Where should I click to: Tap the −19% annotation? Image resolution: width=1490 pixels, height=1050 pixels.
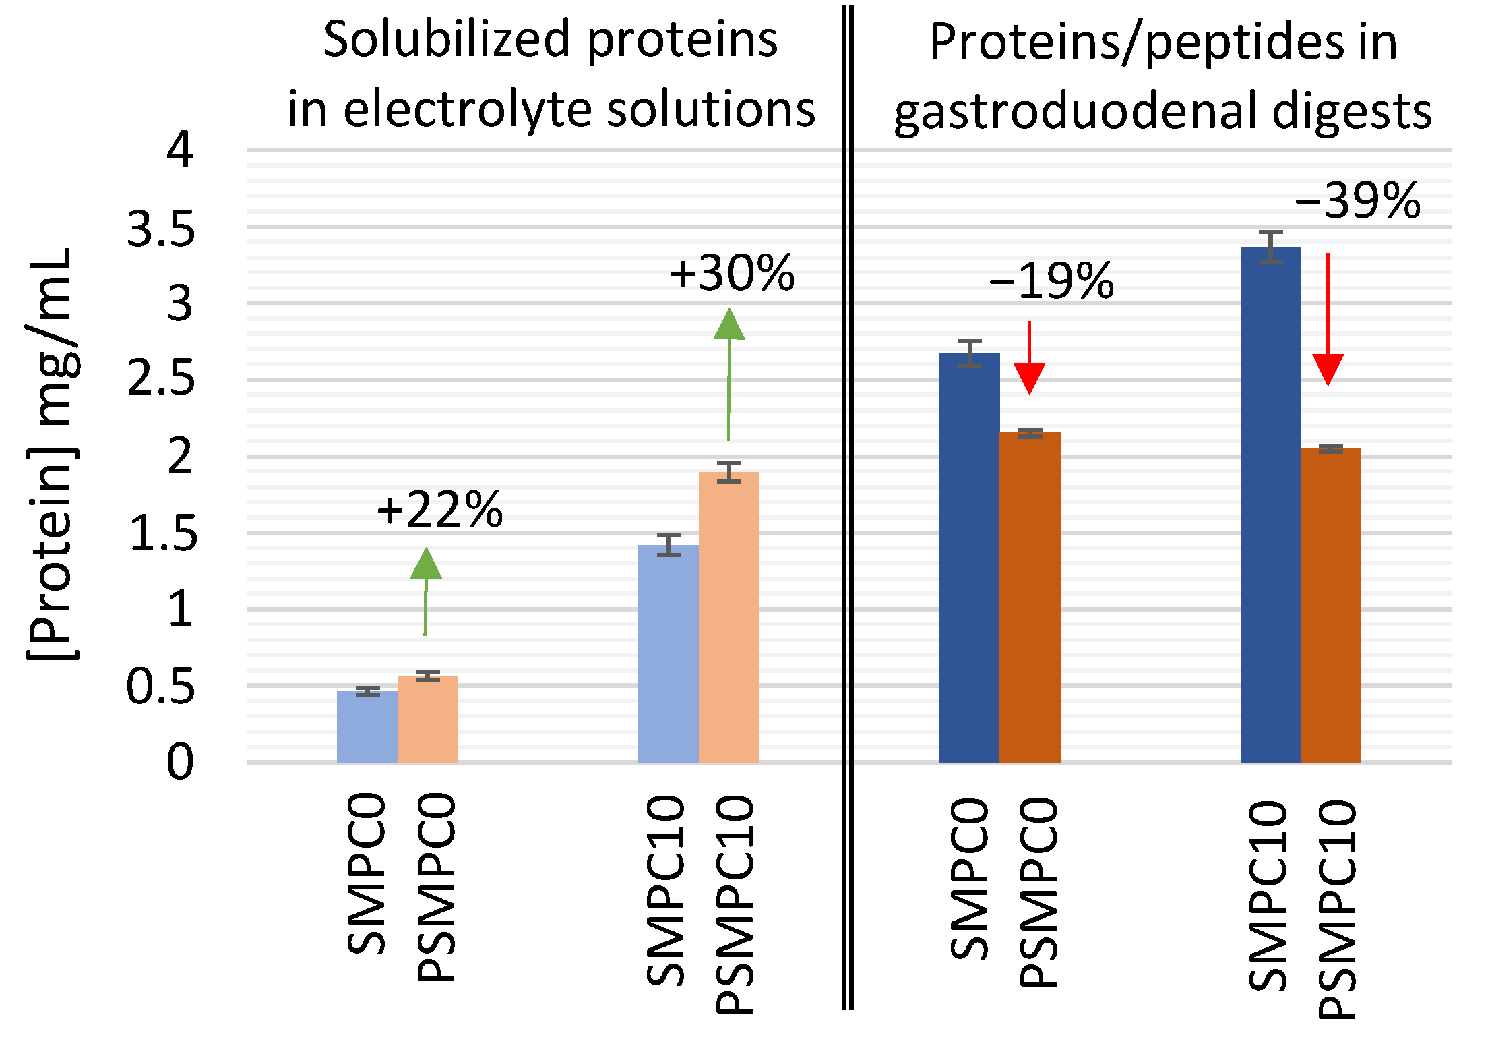point(1051,281)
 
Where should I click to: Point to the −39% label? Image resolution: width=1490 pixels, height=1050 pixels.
point(1357,200)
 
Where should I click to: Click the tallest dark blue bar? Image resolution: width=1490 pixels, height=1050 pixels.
point(1270,506)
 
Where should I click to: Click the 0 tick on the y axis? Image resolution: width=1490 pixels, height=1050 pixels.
point(179,761)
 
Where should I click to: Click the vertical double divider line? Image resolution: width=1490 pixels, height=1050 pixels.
point(847,506)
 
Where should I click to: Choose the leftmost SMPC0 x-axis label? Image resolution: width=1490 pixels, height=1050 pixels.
point(367,874)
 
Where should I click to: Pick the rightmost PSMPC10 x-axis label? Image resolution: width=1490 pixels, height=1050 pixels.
point(1337,910)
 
